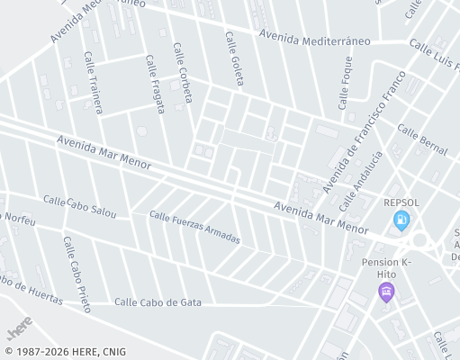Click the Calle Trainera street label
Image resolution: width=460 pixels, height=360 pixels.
pyautogui.click(x=94, y=82)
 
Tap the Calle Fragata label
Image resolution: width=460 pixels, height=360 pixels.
pyautogui.click(x=155, y=84)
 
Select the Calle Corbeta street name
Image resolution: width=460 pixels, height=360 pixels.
pyautogui.click(x=183, y=73)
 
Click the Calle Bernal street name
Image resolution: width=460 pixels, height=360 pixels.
pyautogui.click(x=421, y=136)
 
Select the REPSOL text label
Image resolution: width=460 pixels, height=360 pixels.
pyautogui.click(x=401, y=202)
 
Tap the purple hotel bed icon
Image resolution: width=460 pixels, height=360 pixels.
pyautogui.click(x=386, y=291)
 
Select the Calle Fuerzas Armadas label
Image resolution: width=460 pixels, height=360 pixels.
pyautogui.click(x=195, y=228)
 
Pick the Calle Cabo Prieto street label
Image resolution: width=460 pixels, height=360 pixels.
pyautogui.click(x=77, y=274)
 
